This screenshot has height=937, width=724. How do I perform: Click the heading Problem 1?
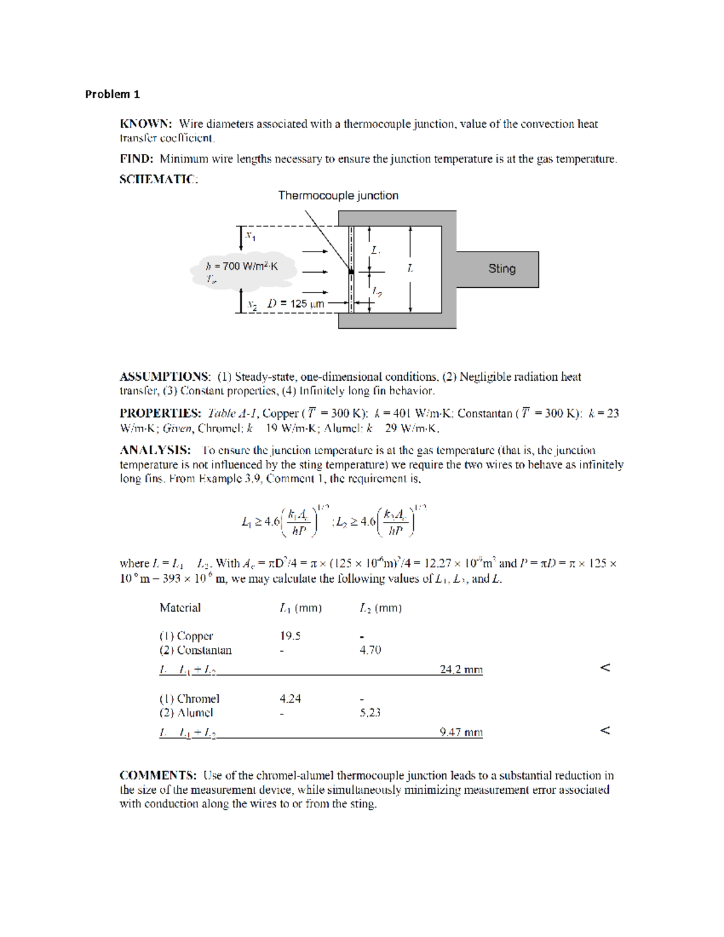coord(112,94)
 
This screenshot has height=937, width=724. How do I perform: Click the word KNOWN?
coord(145,124)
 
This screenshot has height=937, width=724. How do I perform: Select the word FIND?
coord(136,159)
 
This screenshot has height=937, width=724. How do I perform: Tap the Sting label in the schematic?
coord(501,268)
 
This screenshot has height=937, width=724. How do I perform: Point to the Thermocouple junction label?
coord(338,195)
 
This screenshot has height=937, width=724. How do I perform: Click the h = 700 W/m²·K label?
coord(241,266)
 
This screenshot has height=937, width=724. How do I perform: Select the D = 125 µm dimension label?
coord(296,303)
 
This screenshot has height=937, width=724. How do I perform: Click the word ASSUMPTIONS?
coord(165,376)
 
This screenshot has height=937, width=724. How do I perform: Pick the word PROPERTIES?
coord(160,413)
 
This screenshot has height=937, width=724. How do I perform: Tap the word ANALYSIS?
coord(155,450)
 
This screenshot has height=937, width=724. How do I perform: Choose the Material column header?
coord(180,608)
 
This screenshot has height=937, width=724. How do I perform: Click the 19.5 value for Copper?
coord(290,636)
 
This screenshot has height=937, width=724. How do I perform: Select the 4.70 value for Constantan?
coord(370,650)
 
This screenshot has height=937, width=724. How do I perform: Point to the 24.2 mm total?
coord(461,669)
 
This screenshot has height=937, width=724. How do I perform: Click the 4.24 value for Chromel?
coord(290,699)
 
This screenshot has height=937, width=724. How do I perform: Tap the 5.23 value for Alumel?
coord(370,713)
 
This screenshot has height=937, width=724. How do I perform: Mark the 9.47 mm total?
coord(461,732)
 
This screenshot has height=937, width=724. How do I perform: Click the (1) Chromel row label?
coord(189,699)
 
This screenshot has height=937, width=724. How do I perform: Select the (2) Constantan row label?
coord(195,650)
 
